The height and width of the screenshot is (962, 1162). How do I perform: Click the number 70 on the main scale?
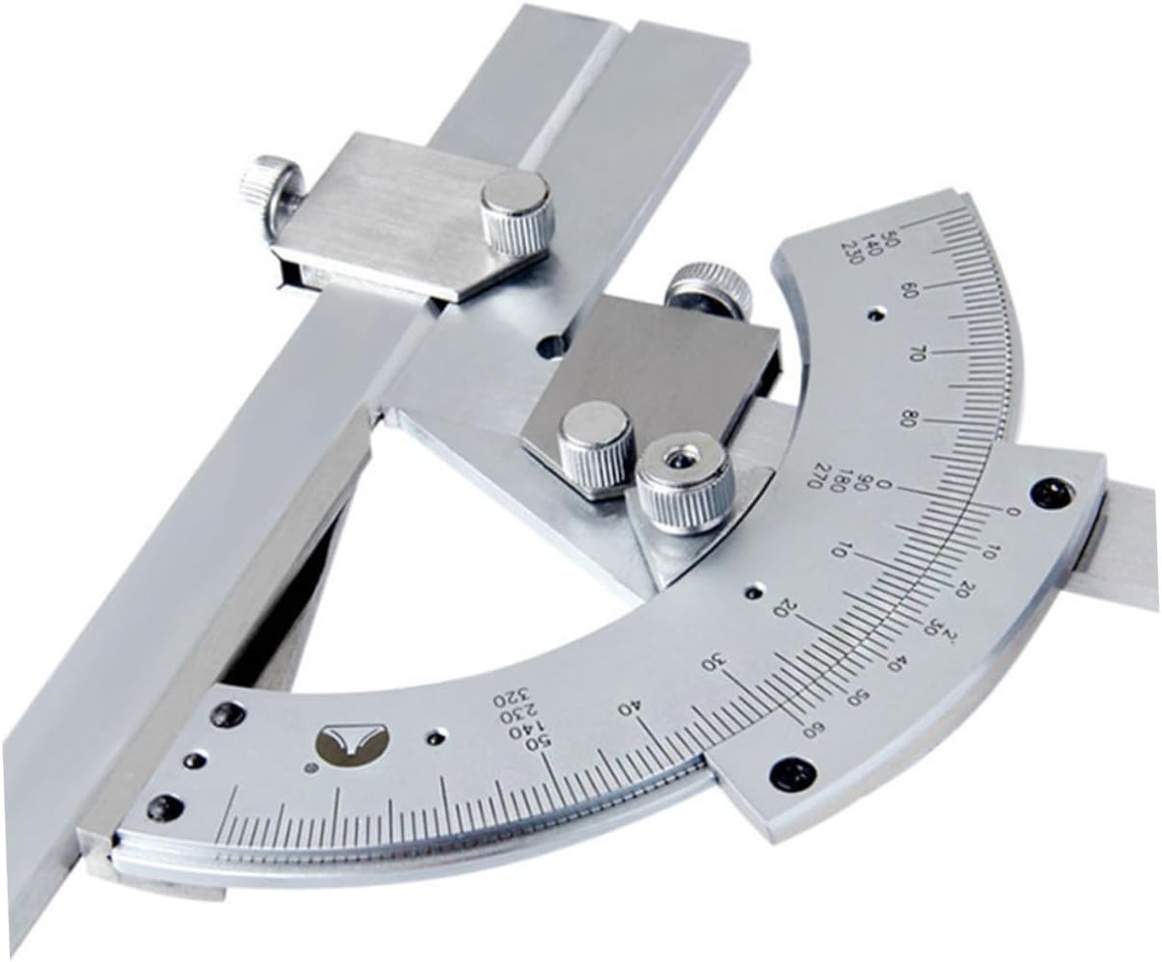pyautogui.click(x=918, y=354)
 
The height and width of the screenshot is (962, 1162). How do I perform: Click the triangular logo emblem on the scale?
pyautogui.click(x=352, y=743)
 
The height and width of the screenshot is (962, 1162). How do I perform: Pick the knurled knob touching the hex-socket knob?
pyautogui.click(x=596, y=445)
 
